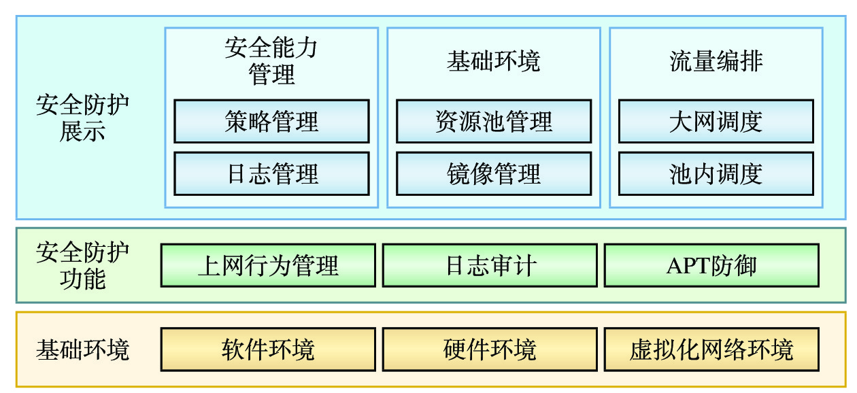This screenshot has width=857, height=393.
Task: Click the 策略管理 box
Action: tap(271, 121)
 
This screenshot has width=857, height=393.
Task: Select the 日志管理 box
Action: tap(271, 173)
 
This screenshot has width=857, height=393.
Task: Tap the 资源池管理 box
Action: tap(494, 121)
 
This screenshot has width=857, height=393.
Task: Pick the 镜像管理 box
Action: tap(494, 173)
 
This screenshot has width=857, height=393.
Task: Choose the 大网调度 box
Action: tap(716, 121)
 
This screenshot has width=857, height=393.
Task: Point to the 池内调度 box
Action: tap(716, 173)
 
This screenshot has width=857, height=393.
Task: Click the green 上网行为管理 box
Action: tap(268, 265)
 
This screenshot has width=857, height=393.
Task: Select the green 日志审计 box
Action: tap(490, 265)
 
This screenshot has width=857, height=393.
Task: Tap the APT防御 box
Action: tap(711, 265)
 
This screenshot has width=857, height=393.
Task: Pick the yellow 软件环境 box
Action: tap(268, 349)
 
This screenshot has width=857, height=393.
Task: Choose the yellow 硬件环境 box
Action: tap(490, 349)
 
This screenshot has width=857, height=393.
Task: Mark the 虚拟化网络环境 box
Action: tap(711, 349)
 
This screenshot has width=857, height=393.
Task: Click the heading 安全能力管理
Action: tap(271, 61)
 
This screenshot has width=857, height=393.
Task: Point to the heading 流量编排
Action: tap(716, 61)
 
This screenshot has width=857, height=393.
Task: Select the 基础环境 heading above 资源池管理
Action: tap(494, 61)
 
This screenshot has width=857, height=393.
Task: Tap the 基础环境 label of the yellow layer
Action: tap(82, 350)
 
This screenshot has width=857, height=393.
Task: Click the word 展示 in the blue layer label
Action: tap(82, 131)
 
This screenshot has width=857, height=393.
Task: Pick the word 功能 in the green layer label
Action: tap(82, 279)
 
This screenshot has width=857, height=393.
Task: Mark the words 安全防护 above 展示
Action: tap(82, 106)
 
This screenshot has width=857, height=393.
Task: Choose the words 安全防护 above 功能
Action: tap(82, 253)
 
